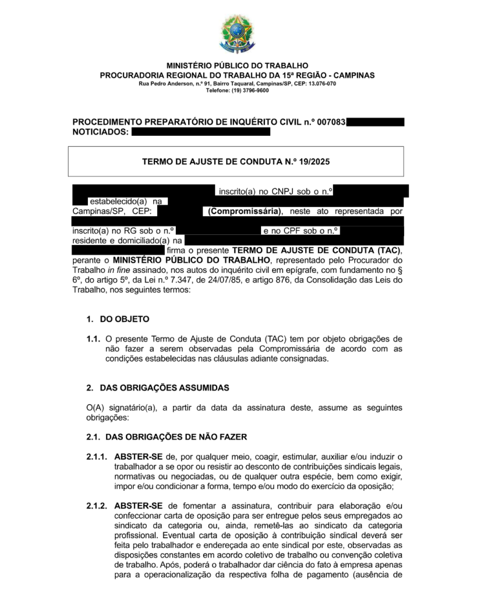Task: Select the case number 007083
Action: (331, 122)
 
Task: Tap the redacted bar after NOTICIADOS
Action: (201, 132)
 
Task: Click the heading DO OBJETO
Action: (125, 319)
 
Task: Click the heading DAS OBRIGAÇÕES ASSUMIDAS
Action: (165, 387)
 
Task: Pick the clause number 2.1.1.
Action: (97, 456)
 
